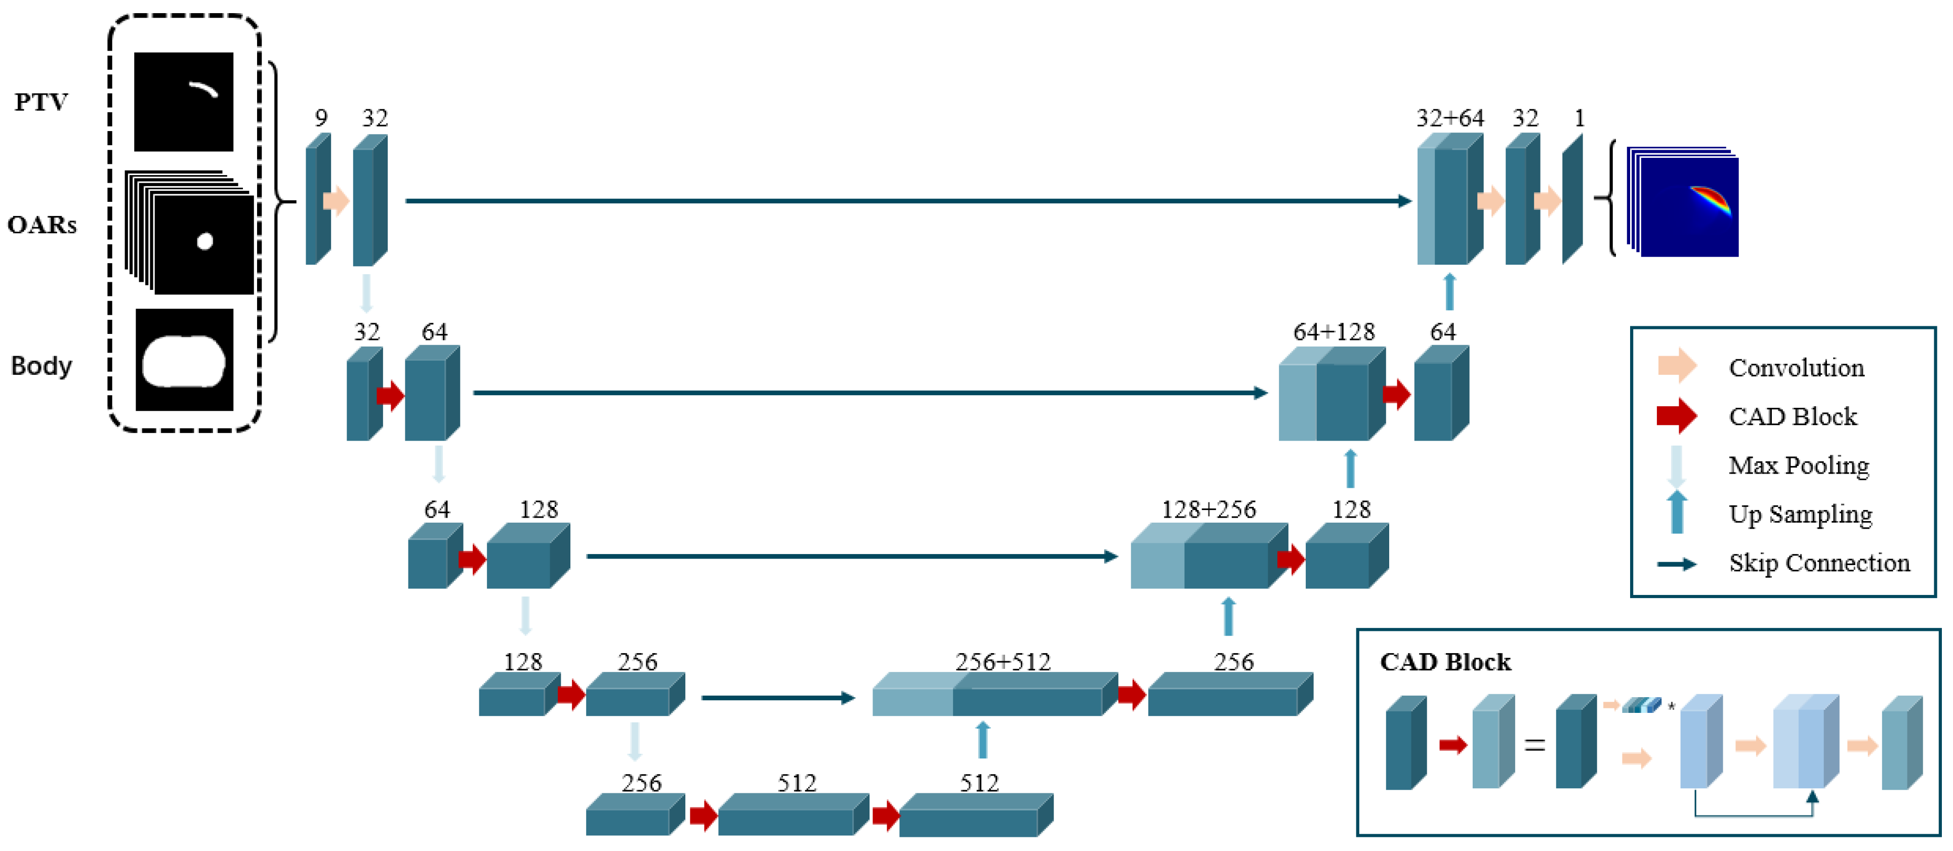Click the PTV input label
(x=41, y=102)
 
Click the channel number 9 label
(x=321, y=118)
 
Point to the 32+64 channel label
(x=1449, y=118)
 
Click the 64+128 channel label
(x=1334, y=332)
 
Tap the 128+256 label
(x=1209, y=510)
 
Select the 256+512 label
(x=1002, y=662)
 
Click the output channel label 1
(x=1579, y=118)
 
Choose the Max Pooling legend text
(x=1798, y=465)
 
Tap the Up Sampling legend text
(x=1800, y=515)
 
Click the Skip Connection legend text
(x=1819, y=563)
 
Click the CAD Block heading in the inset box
(x=1445, y=662)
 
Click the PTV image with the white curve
(x=184, y=102)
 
